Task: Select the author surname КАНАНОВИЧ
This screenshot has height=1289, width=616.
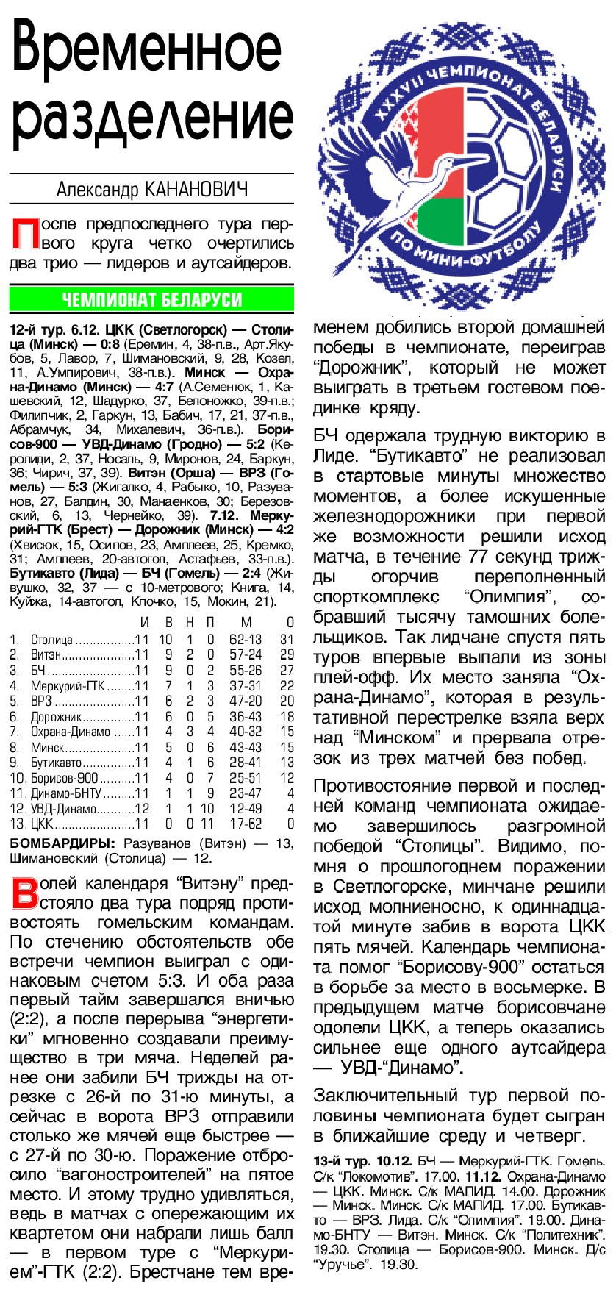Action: tap(197, 190)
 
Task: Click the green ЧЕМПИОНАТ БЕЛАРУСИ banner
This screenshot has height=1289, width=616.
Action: tap(151, 299)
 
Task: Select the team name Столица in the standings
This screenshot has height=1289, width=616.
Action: tap(51, 640)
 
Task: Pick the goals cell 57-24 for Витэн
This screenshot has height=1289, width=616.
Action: tap(245, 655)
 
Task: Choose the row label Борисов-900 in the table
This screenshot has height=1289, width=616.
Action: tap(65, 778)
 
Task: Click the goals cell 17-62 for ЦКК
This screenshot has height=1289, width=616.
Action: tap(245, 824)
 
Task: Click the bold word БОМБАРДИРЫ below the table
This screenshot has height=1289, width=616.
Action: tap(62, 843)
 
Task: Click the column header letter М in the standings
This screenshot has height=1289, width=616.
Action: tap(246, 624)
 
